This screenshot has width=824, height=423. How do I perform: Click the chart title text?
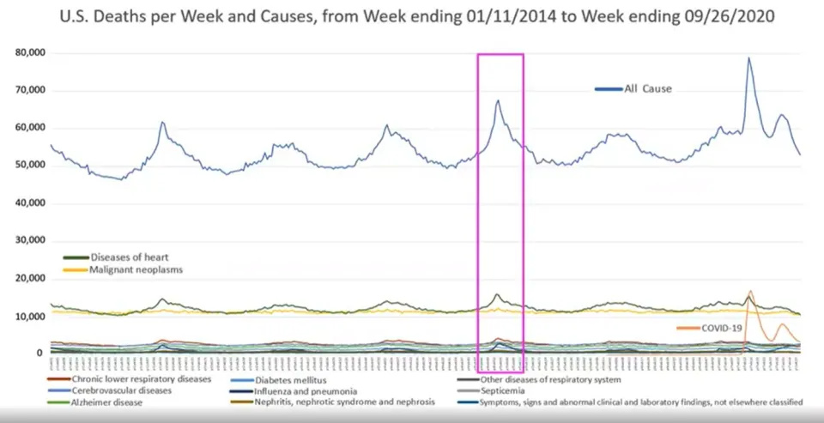pos(411,16)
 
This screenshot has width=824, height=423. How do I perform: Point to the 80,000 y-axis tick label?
pos(30,53)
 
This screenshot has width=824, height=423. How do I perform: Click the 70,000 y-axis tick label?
pos(30,91)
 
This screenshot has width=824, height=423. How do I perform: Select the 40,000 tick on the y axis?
pos(30,203)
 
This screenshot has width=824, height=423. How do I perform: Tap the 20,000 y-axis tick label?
pos(30,279)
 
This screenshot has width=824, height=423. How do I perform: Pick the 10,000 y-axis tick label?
pos(30,317)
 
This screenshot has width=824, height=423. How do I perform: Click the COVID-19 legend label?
pos(722,328)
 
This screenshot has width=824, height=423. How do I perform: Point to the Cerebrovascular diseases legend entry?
pos(122,390)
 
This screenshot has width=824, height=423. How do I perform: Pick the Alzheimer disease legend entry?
pos(107,402)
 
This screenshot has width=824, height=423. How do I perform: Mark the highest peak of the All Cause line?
pos(748,58)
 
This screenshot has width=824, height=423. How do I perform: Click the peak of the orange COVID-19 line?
pos(751,291)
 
